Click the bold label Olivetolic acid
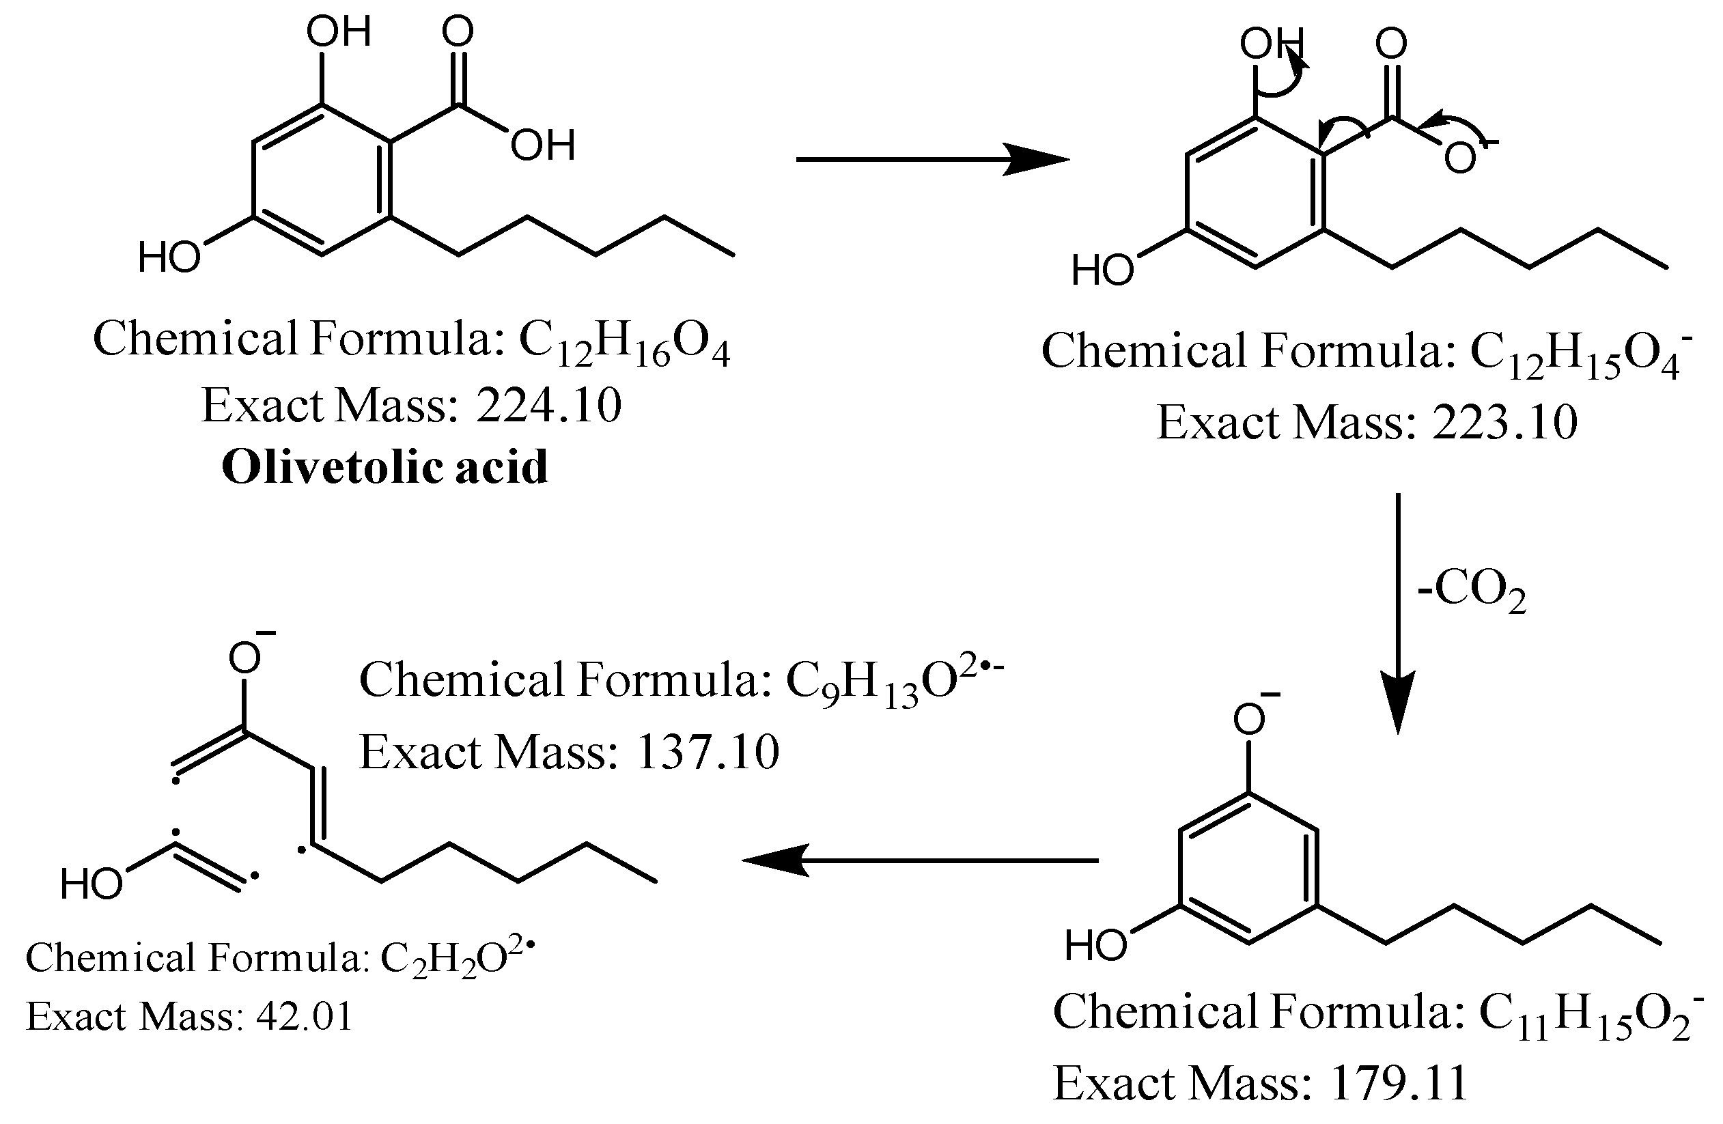(384, 467)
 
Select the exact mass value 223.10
(1504, 422)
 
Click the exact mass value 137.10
(707, 753)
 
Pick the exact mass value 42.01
(305, 1017)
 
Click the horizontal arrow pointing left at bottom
(919, 860)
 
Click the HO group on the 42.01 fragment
(92, 884)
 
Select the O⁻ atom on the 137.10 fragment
(245, 658)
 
